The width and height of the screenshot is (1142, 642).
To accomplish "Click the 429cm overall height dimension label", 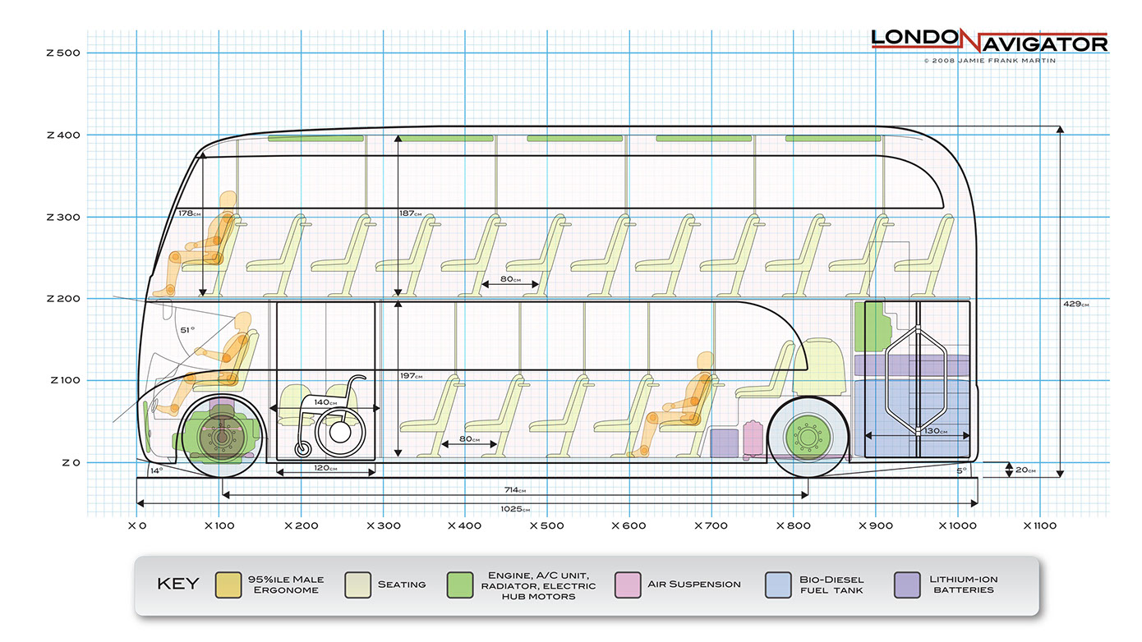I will [1075, 305].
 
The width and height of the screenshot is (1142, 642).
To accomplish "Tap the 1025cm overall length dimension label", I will [516, 509].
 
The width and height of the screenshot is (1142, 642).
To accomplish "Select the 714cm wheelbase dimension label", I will [516, 490].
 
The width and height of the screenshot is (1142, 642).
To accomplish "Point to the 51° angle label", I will [186, 330].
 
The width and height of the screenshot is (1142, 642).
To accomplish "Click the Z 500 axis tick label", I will [63, 53].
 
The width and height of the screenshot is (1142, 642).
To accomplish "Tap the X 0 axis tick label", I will [136, 525].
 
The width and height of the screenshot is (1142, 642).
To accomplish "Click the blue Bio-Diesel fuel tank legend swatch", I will [777, 585].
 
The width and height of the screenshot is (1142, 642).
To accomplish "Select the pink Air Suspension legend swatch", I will [626, 585].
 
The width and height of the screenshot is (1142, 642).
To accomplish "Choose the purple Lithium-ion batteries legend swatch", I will [906, 585].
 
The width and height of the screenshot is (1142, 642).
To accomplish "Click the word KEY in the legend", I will [177, 585].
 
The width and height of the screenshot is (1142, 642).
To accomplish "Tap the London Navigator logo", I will [989, 40].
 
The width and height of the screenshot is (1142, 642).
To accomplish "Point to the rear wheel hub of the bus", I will [804, 437].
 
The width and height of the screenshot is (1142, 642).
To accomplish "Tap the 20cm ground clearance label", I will [1024, 470].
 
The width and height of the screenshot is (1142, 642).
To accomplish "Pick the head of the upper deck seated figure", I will [228, 201].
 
